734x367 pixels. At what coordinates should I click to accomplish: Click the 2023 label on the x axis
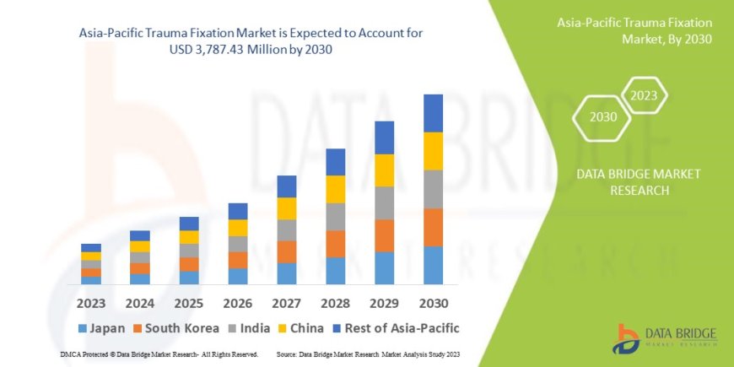pos(91,302)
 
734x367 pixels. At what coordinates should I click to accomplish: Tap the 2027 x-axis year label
pos(287,302)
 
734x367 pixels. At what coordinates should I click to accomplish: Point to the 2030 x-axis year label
pos(433,302)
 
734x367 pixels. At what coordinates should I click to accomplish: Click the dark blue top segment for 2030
pos(433,113)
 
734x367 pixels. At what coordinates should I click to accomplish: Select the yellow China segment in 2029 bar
pos(385,170)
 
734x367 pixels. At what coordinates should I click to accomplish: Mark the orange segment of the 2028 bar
pos(336,244)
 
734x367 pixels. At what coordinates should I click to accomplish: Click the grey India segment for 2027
pos(287,230)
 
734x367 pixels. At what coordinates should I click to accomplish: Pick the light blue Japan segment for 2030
pos(433,265)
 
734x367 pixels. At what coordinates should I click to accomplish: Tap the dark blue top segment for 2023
pos(91,248)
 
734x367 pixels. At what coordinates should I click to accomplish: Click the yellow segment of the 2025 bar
pos(189,237)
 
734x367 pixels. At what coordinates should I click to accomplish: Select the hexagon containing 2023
pos(644,95)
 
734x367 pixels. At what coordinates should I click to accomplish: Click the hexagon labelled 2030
pos(602,117)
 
